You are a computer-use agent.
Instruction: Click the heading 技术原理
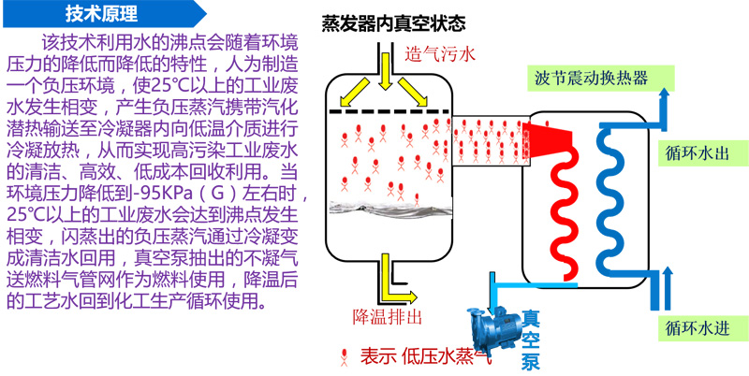(102, 14)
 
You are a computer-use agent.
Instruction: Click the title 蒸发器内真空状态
(393, 22)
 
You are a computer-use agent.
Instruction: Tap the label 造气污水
(440, 54)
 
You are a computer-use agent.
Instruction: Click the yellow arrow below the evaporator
(391, 276)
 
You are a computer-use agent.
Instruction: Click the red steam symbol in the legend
(346, 354)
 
